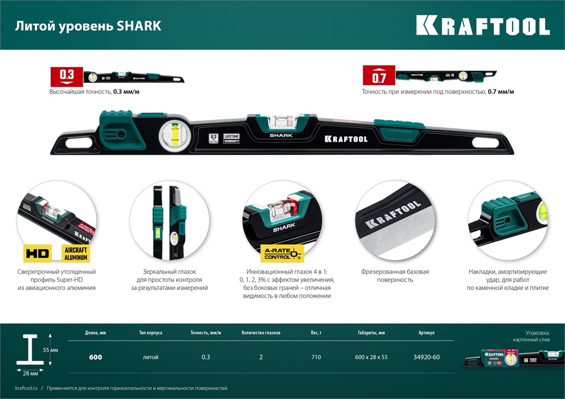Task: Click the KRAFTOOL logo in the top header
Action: (x=483, y=26)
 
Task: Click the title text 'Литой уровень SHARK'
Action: (x=88, y=26)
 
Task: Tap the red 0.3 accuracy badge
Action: (x=67, y=75)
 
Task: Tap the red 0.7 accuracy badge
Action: (x=378, y=76)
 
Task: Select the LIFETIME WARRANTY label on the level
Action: (x=231, y=138)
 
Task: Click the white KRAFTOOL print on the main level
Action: (x=346, y=139)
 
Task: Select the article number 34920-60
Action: (x=427, y=357)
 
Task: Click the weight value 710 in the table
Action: (x=316, y=357)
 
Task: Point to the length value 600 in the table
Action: (x=95, y=357)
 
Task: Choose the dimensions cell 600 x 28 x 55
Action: (x=371, y=357)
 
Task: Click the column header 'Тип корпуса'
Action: (x=150, y=333)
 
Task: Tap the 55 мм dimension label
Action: (x=50, y=350)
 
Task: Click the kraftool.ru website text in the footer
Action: (x=27, y=388)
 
